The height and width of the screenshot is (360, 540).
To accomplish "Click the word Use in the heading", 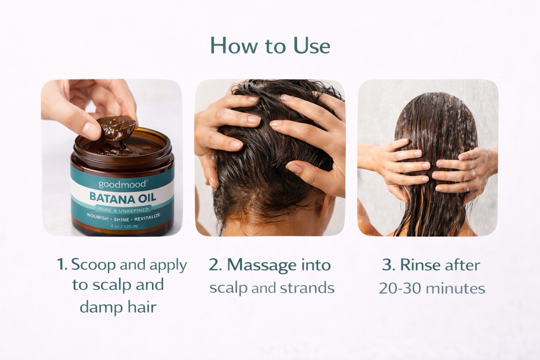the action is click(x=312, y=45).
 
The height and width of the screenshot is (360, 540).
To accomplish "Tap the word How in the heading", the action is click(x=234, y=45).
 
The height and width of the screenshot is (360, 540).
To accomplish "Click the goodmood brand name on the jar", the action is click(x=122, y=184).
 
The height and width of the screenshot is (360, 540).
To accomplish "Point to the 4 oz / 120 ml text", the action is click(x=124, y=226).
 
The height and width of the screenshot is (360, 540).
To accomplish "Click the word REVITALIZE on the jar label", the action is click(x=147, y=218).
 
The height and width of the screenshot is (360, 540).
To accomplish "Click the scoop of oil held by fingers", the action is click(x=116, y=128).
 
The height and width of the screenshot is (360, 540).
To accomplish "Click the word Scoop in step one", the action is click(x=94, y=265).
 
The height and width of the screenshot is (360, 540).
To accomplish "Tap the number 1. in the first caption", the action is click(x=62, y=264).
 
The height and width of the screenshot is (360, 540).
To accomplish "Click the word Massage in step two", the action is click(x=262, y=265).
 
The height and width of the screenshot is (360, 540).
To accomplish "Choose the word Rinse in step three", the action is click(x=421, y=265).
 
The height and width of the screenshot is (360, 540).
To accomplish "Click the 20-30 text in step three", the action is click(x=400, y=288).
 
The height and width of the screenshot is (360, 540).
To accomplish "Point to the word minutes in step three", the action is click(x=455, y=288).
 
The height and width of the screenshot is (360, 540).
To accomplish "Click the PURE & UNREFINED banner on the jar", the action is click(x=122, y=210).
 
